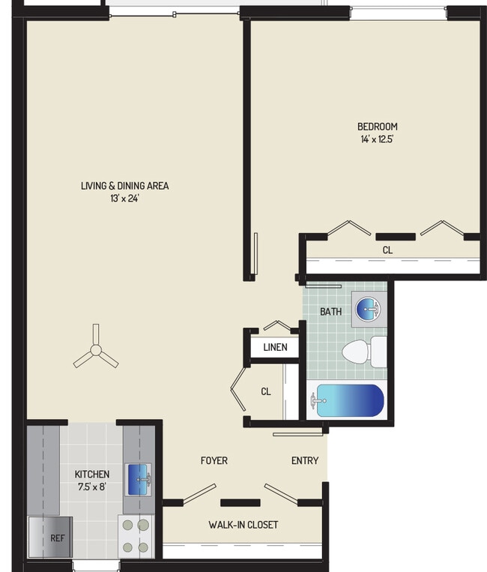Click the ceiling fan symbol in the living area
(95, 350)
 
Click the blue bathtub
(349, 401)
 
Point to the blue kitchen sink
(139, 479)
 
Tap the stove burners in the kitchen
(135, 536)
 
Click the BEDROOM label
(377, 127)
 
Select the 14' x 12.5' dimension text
(377, 139)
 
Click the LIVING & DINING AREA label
(125, 186)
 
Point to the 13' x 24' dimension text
(125, 199)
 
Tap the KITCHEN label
(92, 474)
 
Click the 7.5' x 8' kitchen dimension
(92, 487)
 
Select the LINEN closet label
(275, 348)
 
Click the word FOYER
(214, 460)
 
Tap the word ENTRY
(305, 460)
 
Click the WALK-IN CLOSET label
(243, 525)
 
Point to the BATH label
(330, 311)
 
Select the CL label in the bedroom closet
(387, 250)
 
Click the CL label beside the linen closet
(265, 391)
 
